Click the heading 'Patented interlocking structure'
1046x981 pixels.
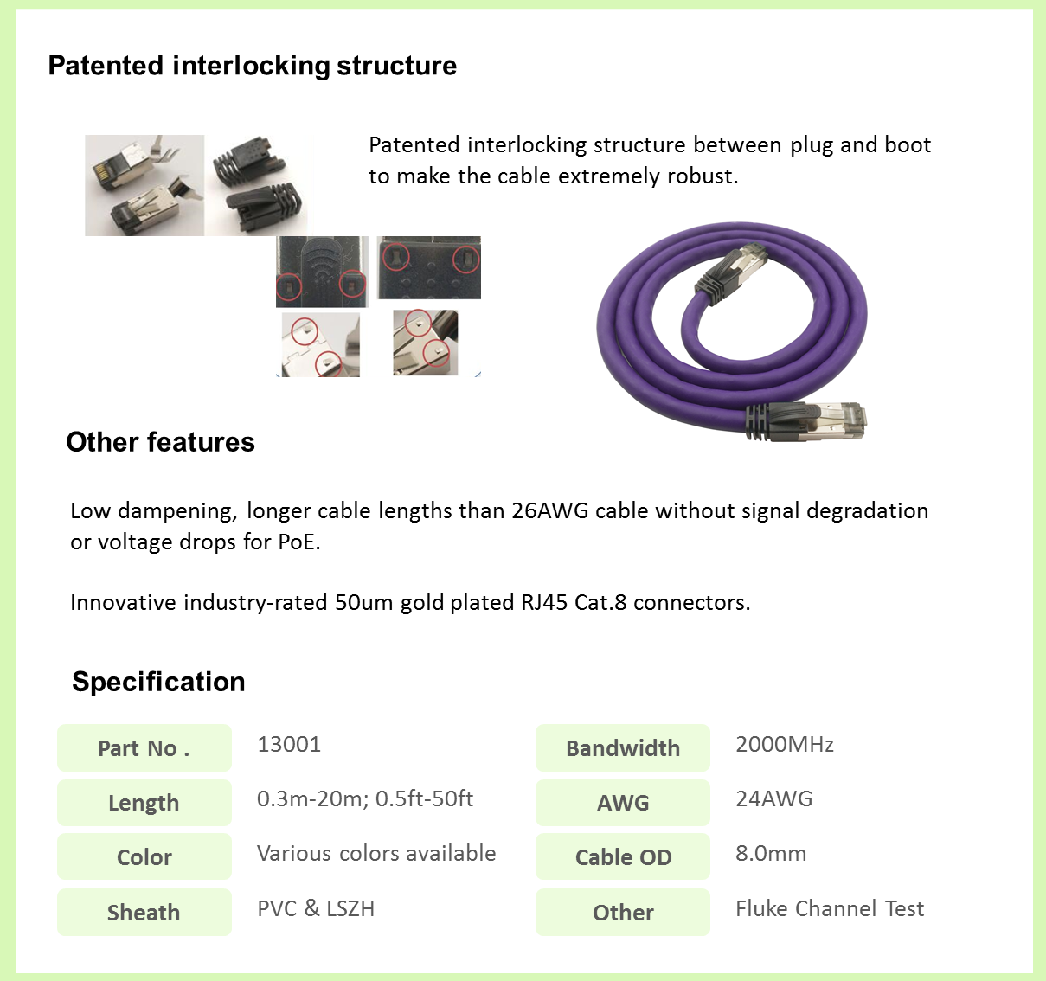[252, 66]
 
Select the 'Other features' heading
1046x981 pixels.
[160, 442]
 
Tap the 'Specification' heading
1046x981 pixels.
[158, 682]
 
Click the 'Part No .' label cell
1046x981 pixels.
[144, 748]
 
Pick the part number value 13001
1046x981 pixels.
[289, 745]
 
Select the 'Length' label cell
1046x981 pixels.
[144, 803]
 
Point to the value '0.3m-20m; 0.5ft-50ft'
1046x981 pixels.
[365, 798]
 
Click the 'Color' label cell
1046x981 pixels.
[144, 857]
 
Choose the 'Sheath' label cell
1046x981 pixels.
[144, 913]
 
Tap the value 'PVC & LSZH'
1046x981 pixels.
[316, 908]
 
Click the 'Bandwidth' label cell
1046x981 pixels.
[623, 748]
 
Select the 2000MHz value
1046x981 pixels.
[785, 745]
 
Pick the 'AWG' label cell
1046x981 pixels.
[623, 803]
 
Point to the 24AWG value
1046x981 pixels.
[774, 798]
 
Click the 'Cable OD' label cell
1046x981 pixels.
[623, 857]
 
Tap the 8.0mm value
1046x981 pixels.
[771, 854]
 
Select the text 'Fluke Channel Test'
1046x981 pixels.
[830, 908]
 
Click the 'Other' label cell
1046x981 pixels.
[623, 913]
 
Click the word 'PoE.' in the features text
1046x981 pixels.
[299, 542]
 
